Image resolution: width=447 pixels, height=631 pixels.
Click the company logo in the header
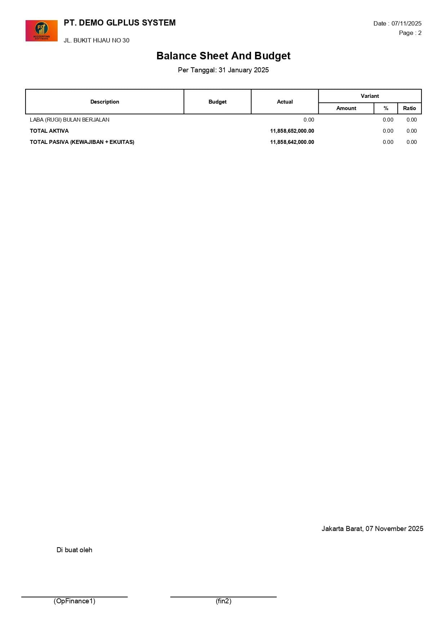(x=41, y=31)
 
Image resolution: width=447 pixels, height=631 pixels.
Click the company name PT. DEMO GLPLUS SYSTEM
(x=120, y=23)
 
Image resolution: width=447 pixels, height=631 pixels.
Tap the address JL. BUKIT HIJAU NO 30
(x=97, y=40)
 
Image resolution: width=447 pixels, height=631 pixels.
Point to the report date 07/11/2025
(x=406, y=23)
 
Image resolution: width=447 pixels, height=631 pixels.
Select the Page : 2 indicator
(x=410, y=33)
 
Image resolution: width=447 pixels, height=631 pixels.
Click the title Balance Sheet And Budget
(x=223, y=56)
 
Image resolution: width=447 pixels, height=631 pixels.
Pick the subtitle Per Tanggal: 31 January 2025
(x=223, y=70)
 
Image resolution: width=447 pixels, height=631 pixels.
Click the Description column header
(x=104, y=102)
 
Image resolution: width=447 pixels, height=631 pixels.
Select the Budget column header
(x=218, y=102)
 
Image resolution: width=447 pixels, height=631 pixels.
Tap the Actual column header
(x=285, y=102)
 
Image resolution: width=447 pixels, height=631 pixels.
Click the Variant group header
(x=370, y=96)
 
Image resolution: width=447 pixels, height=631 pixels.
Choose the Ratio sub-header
(x=409, y=108)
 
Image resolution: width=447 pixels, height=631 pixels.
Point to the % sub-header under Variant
(x=386, y=108)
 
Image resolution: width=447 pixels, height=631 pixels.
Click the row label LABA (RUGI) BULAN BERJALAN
(x=70, y=120)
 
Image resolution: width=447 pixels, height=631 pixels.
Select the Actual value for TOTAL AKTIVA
(x=292, y=131)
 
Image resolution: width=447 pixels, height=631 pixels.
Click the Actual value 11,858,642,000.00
(x=292, y=142)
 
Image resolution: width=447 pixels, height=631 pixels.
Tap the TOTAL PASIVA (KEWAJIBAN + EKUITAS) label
(x=82, y=142)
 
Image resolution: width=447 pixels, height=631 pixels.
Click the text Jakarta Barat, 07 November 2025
(x=372, y=528)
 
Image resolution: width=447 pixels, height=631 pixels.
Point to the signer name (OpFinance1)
(x=74, y=601)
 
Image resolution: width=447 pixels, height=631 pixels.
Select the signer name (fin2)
(x=223, y=601)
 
